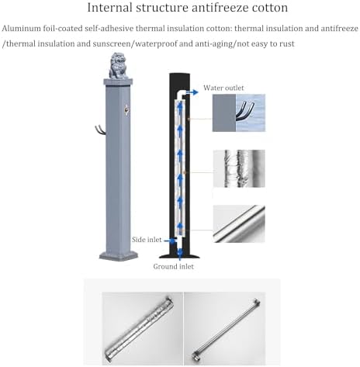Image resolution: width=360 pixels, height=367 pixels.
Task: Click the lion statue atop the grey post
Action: click(118, 66)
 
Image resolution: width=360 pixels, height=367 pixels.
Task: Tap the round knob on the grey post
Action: click(126, 109)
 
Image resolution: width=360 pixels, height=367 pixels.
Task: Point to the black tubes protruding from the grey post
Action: click(100, 130)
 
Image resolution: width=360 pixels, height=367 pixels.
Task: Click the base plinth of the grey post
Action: click(119, 255)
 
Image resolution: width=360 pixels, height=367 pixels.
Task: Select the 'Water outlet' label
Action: click(223, 88)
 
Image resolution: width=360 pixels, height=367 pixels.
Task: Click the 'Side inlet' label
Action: click(147, 240)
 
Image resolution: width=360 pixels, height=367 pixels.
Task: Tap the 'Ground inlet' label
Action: click(173, 266)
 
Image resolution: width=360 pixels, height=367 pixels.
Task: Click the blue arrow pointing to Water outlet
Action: click(192, 92)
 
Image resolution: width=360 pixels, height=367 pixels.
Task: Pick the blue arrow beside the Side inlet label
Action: click(170, 241)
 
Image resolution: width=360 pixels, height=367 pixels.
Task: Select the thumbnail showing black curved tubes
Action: click(239, 113)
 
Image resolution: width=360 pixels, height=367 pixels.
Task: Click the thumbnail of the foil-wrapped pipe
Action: click(239, 168)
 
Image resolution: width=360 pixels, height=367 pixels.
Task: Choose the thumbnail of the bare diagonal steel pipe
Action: click(239, 223)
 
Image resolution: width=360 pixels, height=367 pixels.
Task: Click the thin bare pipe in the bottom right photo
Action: click(226, 330)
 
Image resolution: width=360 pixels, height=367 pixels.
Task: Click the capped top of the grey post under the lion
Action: click(118, 82)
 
